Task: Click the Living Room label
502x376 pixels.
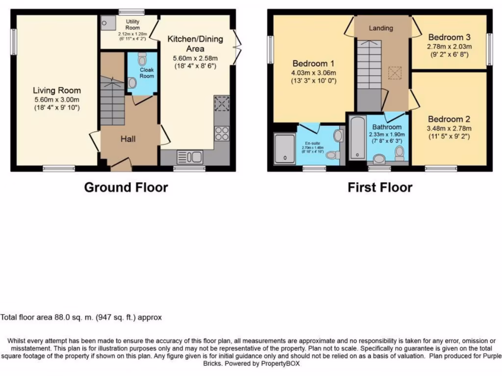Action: click(x=57, y=90)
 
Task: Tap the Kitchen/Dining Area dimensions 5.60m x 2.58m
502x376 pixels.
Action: click(x=195, y=58)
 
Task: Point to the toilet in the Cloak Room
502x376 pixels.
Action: click(x=142, y=60)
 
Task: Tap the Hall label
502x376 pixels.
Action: click(x=128, y=139)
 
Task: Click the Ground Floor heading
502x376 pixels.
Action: click(x=126, y=187)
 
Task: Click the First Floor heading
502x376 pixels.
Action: click(x=380, y=187)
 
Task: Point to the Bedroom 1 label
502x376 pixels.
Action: click(x=313, y=64)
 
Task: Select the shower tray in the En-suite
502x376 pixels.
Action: click(x=285, y=148)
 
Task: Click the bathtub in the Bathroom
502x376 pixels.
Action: click(x=356, y=138)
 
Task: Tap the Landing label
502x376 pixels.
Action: click(x=381, y=28)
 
